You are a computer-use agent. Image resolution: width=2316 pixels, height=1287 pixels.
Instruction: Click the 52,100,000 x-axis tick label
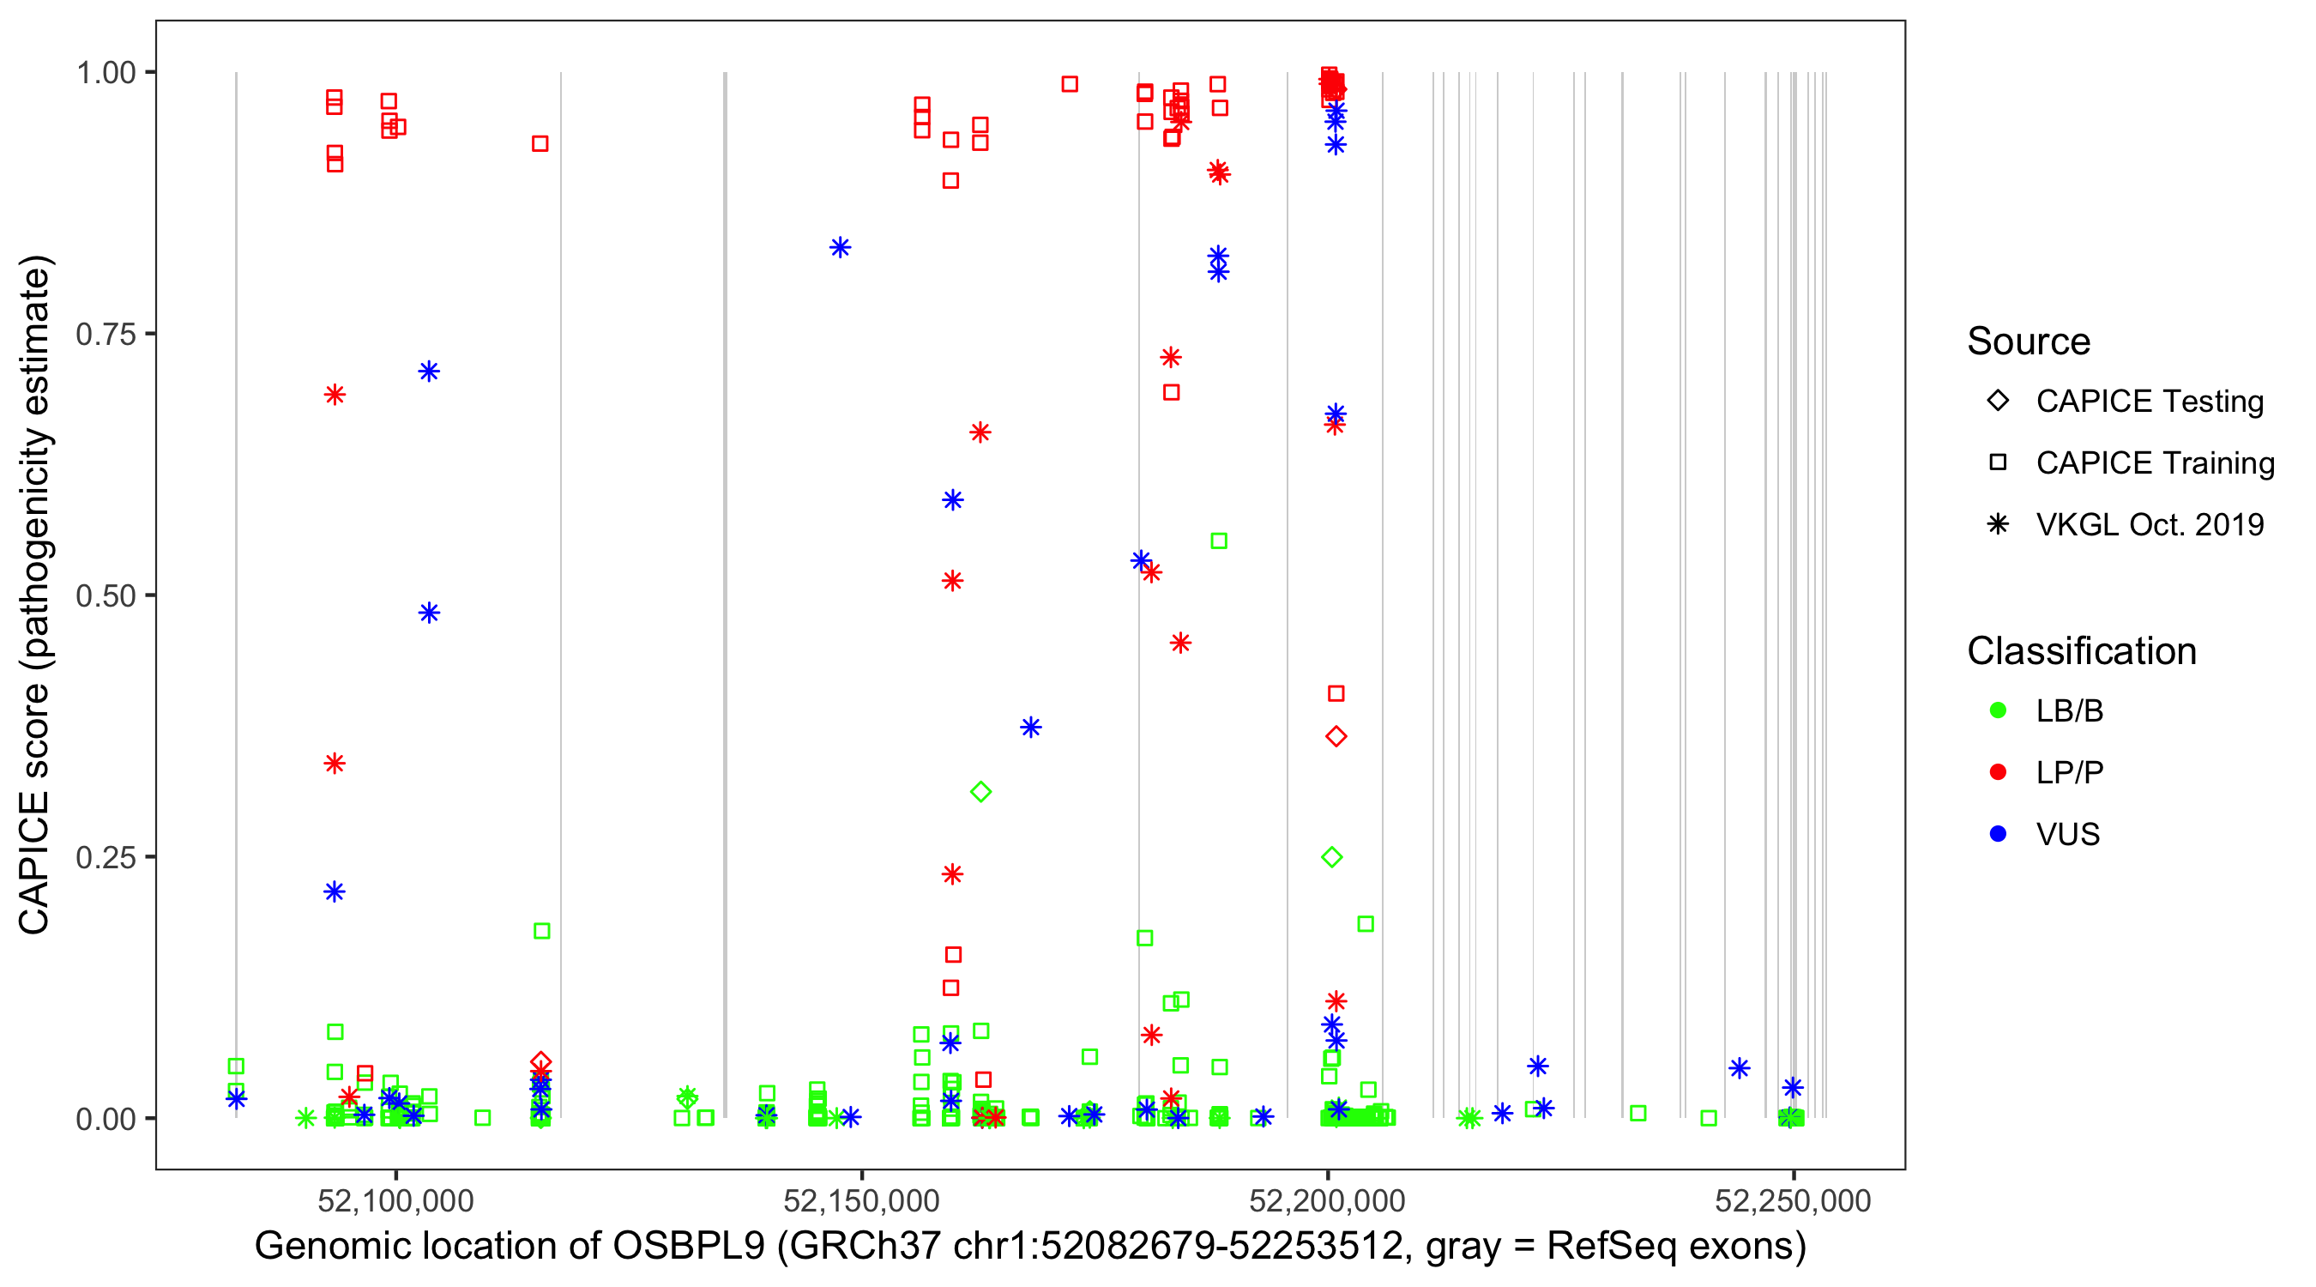tap(395, 1199)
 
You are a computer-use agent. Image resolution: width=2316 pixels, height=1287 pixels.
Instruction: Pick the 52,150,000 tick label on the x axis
tap(861, 1199)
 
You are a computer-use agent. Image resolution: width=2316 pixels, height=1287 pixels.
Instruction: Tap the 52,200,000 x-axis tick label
tap(1327, 1199)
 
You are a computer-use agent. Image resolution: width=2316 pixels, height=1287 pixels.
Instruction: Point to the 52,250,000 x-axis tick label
tap(1793, 1199)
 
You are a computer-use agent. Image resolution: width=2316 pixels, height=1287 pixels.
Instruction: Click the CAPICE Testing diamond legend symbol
tap(1998, 400)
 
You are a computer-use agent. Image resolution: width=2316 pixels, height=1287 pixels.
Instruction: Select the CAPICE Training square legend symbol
tap(1998, 462)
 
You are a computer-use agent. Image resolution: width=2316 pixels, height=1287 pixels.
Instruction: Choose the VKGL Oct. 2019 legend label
tap(2150, 524)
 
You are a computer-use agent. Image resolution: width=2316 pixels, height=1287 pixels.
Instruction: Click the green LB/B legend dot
tap(1998, 710)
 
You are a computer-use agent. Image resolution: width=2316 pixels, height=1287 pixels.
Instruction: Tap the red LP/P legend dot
tap(1998, 772)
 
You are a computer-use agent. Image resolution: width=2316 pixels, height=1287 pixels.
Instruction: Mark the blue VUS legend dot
tap(1998, 834)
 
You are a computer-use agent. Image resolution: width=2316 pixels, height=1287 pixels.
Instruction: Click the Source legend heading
tap(2029, 341)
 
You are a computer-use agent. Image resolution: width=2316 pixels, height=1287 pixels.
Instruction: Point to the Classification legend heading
tap(2081, 651)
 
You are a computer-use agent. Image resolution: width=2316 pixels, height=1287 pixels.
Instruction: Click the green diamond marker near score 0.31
tap(981, 791)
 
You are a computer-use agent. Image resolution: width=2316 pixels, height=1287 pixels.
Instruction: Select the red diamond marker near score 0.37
tap(1336, 736)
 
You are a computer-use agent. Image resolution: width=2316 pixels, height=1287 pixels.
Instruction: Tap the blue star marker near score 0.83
tap(840, 247)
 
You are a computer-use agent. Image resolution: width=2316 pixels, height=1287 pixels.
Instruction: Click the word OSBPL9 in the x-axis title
tap(689, 1247)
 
